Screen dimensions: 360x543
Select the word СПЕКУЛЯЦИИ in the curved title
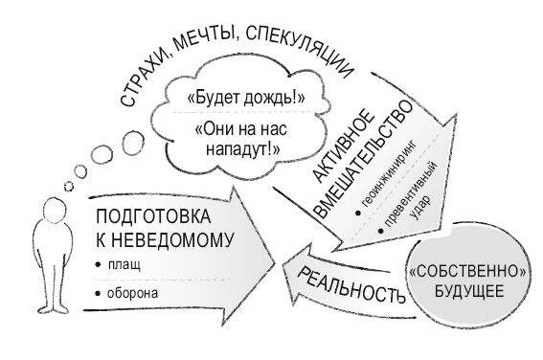tap(302, 40)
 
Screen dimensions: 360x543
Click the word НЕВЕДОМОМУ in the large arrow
tap(171, 238)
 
